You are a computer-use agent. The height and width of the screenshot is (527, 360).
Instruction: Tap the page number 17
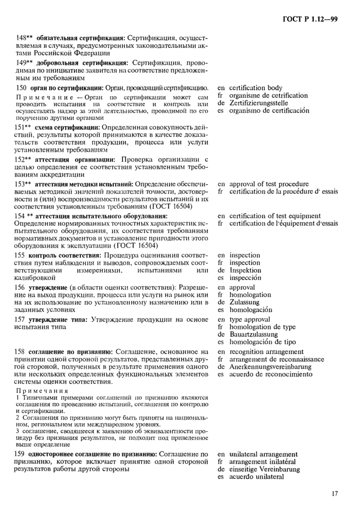[x=334, y=494]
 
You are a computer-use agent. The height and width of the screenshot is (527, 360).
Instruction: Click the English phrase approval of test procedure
[x=269, y=184]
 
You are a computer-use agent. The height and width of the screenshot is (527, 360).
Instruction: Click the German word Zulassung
[x=245, y=302]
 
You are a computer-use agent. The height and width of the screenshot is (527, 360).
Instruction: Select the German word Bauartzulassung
[x=255, y=334]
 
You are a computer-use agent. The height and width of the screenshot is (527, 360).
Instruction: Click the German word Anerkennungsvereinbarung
[x=271, y=367]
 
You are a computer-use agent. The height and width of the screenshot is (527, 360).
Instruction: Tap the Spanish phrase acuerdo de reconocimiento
[x=271, y=375]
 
